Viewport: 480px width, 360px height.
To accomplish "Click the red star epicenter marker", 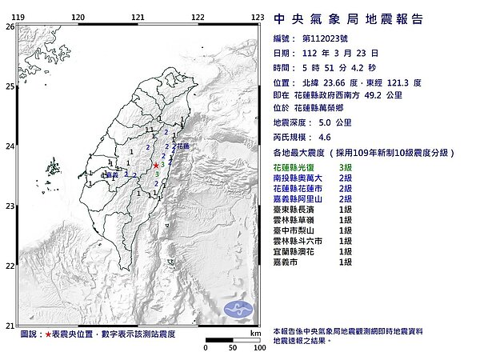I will click(156, 165).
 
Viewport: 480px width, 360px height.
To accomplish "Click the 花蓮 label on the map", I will click(183, 147).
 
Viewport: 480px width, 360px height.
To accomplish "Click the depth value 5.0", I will click(326, 122).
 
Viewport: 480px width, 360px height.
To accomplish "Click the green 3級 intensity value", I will click(346, 166).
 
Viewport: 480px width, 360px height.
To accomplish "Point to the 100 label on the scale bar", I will click(258, 349).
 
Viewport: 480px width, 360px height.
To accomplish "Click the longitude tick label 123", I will click(258, 16).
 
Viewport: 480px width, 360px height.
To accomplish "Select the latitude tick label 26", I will click(9, 26).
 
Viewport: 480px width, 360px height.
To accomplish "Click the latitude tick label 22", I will click(9, 266).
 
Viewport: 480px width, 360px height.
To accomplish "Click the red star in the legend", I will click(50, 334).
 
